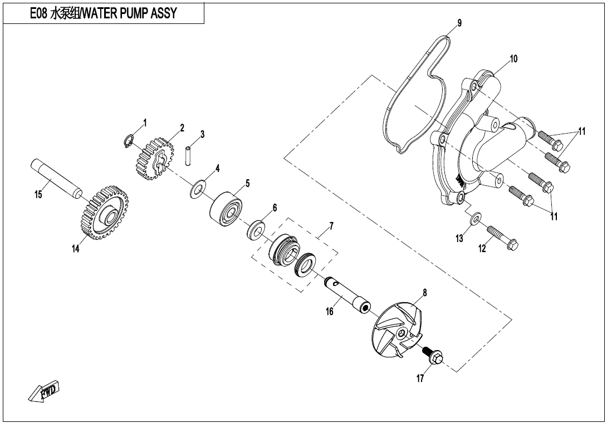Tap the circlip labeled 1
pyautogui.click(x=129, y=140)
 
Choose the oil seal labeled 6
pyautogui.click(x=256, y=230)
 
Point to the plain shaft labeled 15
pyautogui.click(x=56, y=176)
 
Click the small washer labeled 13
pyautogui.click(x=476, y=218)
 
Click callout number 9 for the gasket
pyautogui.click(x=459, y=23)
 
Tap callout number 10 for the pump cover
pyautogui.click(x=513, y=59)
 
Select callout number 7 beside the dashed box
pyautogui.click(x=331, y=226)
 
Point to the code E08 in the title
pyautogui.click(x=38, y=13)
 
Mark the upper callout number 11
pyautogui.click(x=581, y=131)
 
